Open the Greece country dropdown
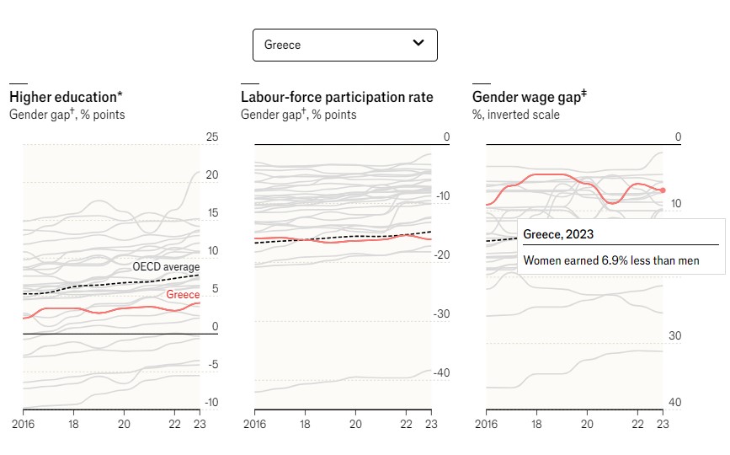pos(344,45)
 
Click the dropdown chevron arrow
pos(418,44)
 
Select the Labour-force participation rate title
pos(337,97)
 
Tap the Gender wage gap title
pos(529,97)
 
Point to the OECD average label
pos(166,267)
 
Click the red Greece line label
pos(183,295)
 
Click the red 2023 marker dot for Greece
pos(663,190)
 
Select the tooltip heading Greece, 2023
pos(559,233)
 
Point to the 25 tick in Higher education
pos(211,137)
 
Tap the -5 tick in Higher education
pos(213,364)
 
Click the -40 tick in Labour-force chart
pos(441,372)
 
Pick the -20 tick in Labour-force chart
pos(441,255)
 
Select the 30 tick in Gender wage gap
pos(674,336)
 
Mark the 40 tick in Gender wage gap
pos(674,402)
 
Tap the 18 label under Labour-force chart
pos(304,423)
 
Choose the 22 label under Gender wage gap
pos(637,423)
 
